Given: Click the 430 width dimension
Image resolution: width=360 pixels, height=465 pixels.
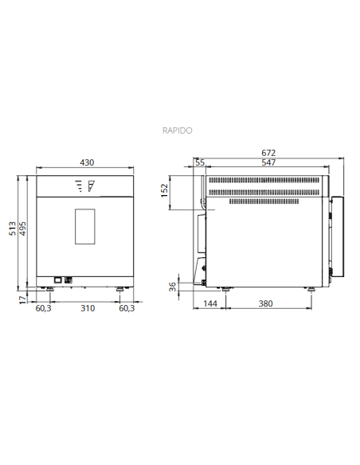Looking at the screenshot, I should (87, 162).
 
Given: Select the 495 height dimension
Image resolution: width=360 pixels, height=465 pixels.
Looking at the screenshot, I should (23, 228).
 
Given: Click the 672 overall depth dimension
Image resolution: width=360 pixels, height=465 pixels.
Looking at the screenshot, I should (269, 153).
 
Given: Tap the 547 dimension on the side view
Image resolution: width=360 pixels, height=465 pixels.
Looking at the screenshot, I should (270, 162).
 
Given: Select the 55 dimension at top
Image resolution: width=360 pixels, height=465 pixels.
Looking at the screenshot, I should (200, 162).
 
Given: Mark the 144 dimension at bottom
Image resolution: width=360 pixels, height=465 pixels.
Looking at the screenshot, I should (210, 304).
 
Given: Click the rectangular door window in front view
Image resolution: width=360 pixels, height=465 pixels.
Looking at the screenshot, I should (85, 226).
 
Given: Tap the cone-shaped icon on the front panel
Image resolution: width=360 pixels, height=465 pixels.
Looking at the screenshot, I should (91, 187).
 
